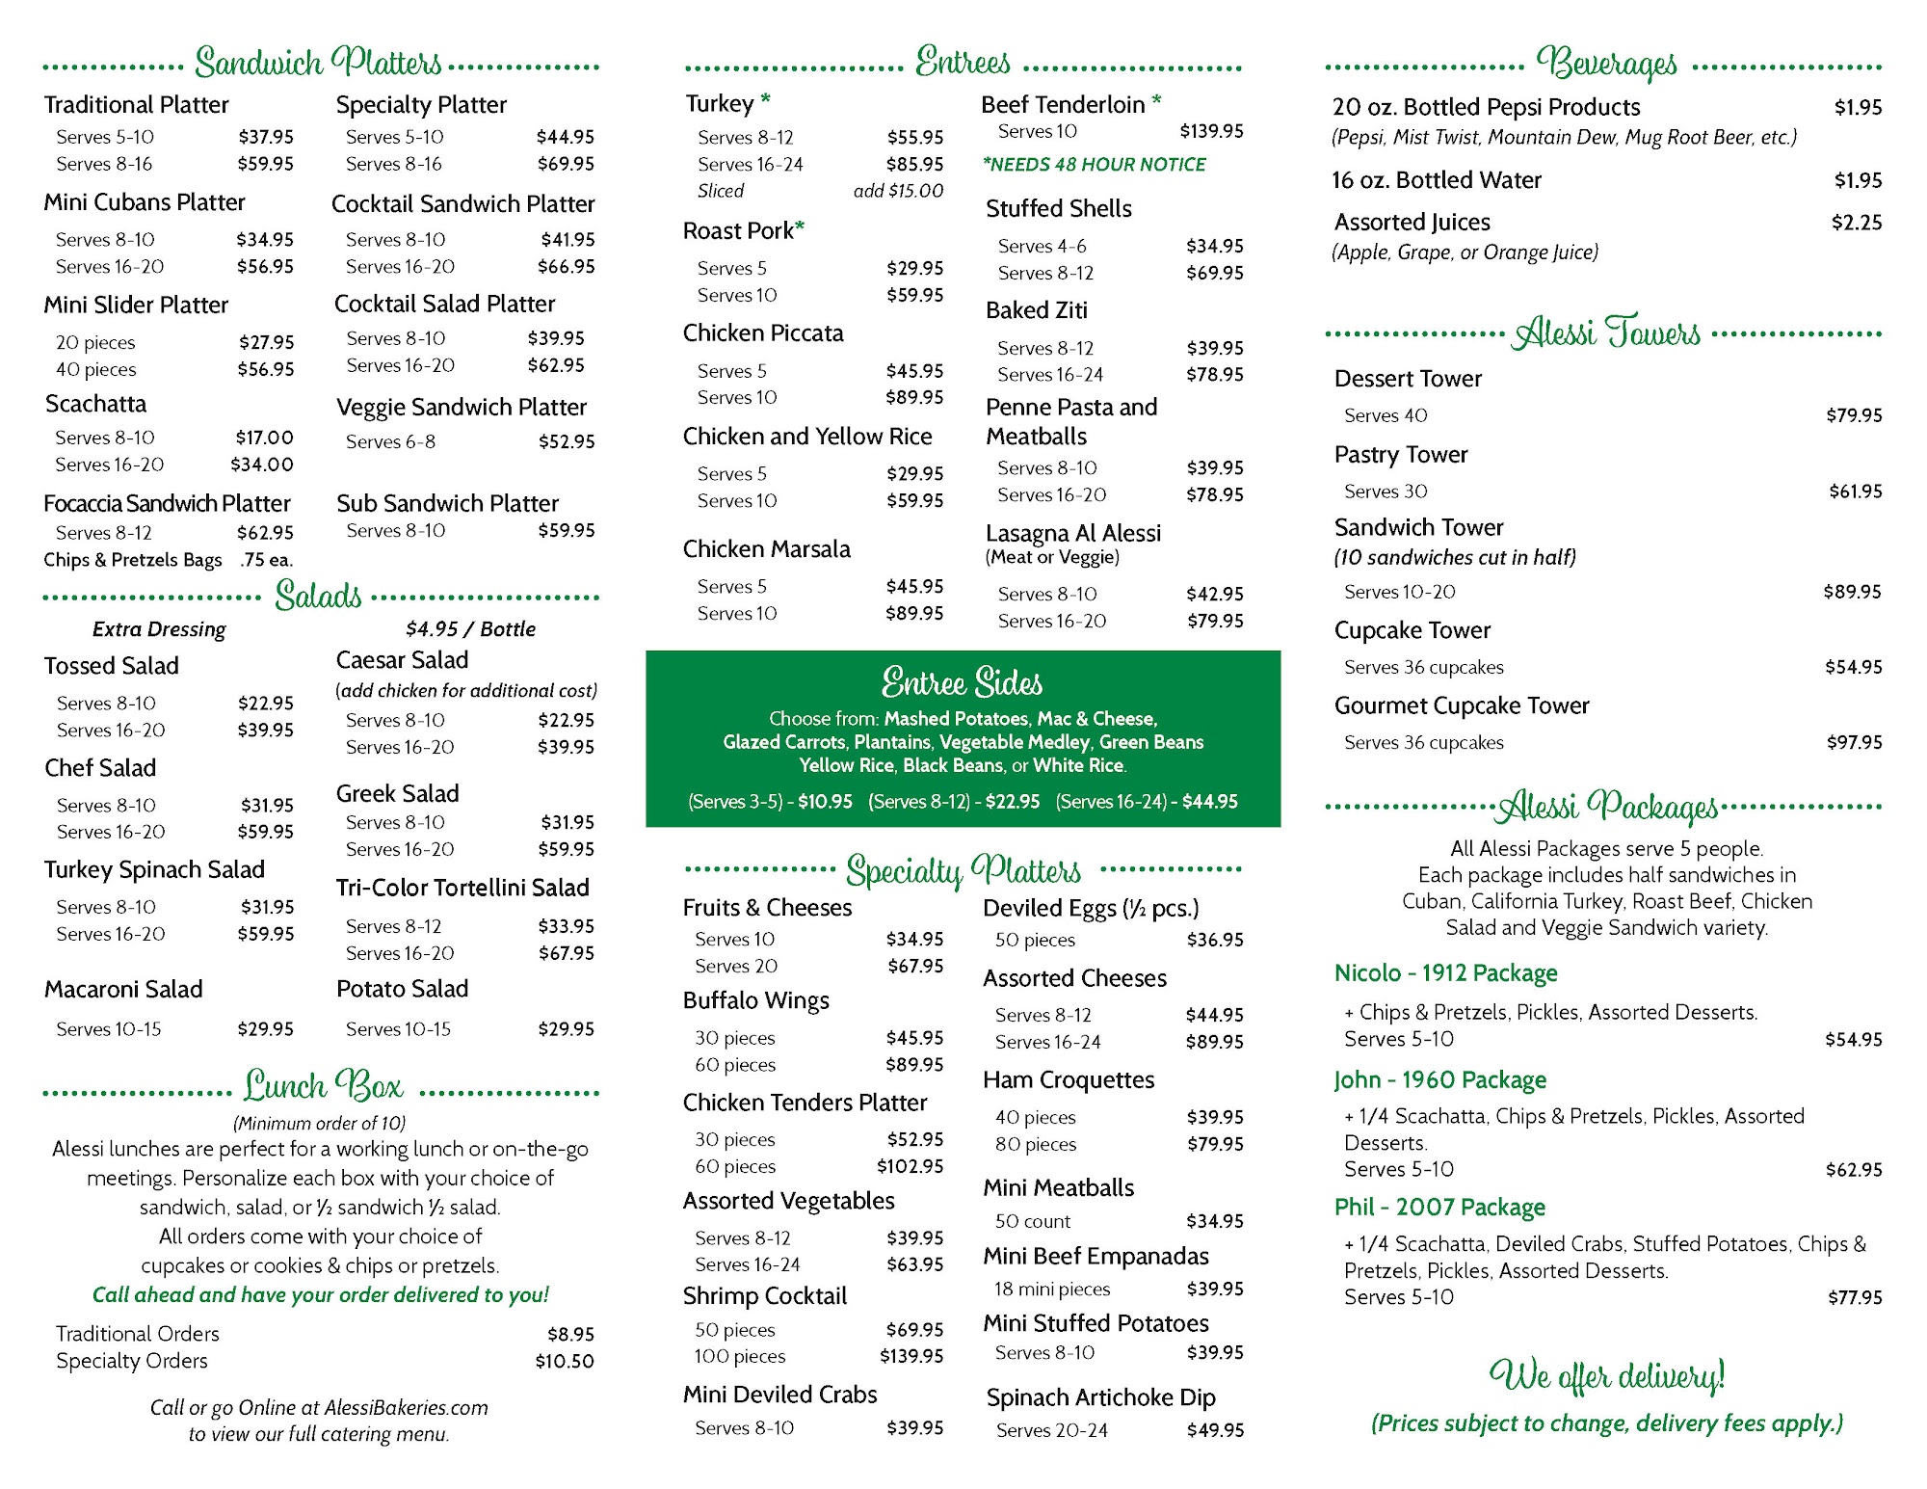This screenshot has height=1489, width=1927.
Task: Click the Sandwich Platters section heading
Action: pyautogui.click(x=318, y=63)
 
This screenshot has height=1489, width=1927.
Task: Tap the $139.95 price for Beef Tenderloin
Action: pyautogui.click(x=1211, y=131)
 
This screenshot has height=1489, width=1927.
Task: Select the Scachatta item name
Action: pyautogui.click(x=96, y=404)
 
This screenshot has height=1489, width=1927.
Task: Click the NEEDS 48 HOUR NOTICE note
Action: pyautogui.click(x=1094, y=165)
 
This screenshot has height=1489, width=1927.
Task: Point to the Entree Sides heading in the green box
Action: pyautogui.click(x=962, y=682)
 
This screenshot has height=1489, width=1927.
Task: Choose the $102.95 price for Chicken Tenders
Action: pyautogui.click(x=910, y=1166)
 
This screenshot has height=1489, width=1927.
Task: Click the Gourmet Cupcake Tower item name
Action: pyautogui.click(x=1461, y=705)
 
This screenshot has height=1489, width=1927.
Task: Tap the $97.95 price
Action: pyautogui.click(x=1854, y=742)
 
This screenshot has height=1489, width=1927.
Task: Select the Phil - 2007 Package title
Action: pyautogui.click(x=1439, y=1208)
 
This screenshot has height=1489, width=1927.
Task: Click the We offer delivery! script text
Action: pyautogui.click(x=1606, y=1376)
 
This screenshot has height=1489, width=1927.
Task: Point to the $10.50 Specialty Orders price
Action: pyautogui.click(x=565, y=1361)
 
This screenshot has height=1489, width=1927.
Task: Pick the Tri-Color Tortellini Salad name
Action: pyautogui.click(x=462, y=888)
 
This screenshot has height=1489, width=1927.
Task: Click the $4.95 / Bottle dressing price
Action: pyautogui.click(x=470, y=629)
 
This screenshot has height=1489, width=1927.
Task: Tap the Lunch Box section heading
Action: pyautogui.click(x=323, y=1087)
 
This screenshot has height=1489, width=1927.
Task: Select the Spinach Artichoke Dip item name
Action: pyautogui.click(x=1100, y=1397)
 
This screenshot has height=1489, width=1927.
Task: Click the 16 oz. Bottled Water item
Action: pyautogui.click(x=1437, y=180)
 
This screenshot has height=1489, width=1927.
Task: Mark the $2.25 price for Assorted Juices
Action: pyautogui.click(x=1856, y=223)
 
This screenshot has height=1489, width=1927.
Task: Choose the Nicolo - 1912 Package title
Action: pyautogui.click(x=1445, y=973)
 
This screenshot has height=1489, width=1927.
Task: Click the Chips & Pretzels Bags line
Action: pyautogui.click(x=133, y=560)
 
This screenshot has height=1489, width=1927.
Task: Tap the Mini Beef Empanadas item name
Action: pyautogui.click(x=1095, y=1256)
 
